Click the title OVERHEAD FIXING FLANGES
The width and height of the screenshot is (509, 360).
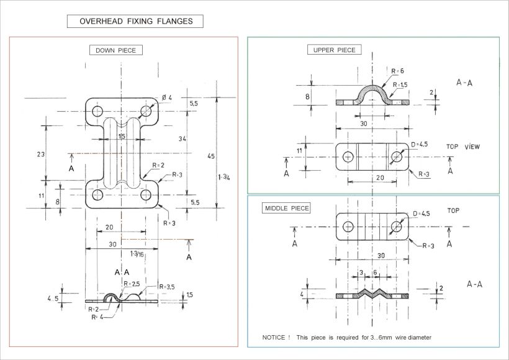135,22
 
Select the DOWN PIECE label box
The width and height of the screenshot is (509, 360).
115,50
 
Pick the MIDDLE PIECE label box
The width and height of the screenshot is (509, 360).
287,208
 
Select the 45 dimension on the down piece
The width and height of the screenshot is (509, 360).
211,156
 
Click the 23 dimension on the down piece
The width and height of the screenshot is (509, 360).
40,154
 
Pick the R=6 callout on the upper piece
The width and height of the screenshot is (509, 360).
397,71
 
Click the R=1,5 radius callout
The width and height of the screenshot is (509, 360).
400,84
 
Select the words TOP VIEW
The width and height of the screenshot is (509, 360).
464,146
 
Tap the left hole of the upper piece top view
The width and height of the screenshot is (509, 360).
348,156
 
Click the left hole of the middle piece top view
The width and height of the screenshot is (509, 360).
348,226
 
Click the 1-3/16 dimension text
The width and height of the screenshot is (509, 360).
138,253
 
